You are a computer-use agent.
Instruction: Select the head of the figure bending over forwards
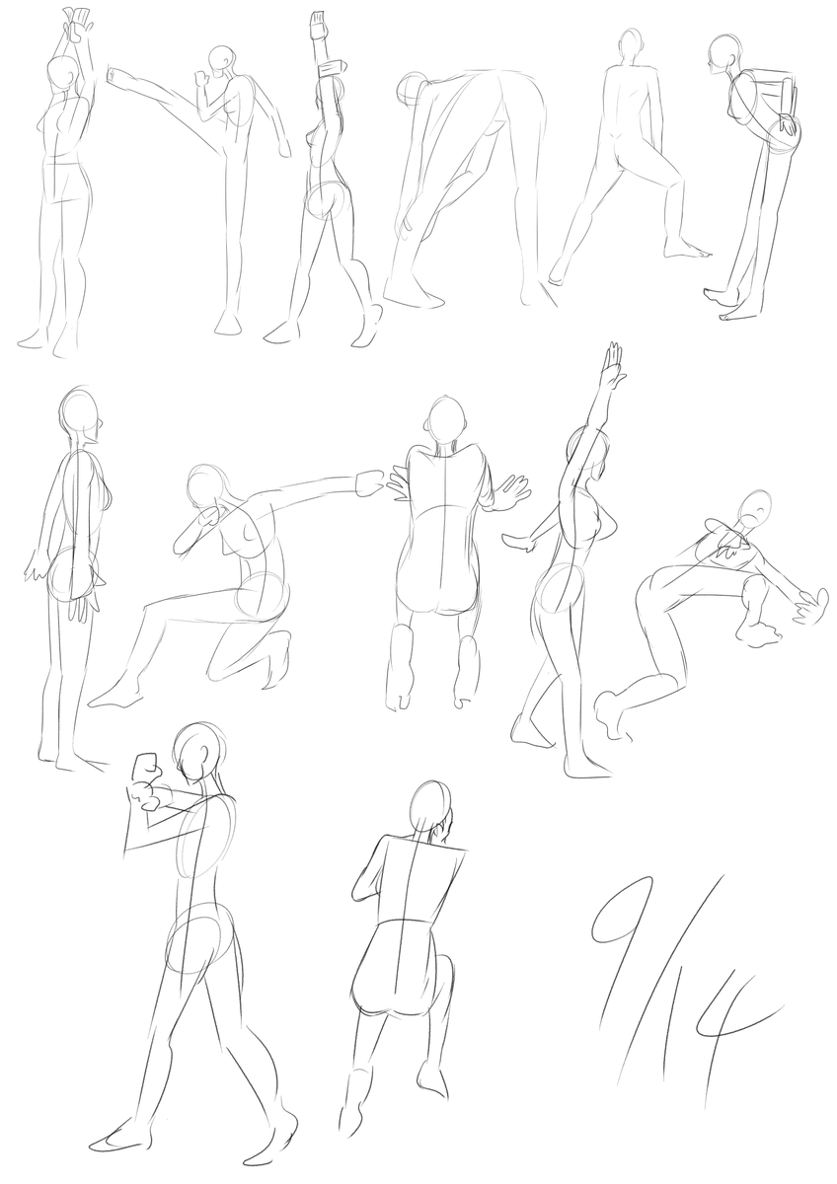coord(410,91)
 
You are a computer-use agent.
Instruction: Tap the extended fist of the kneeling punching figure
coord(370,483)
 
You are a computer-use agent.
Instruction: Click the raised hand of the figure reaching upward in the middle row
coord(615,360)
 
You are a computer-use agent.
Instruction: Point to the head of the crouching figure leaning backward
coord(754,508)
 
